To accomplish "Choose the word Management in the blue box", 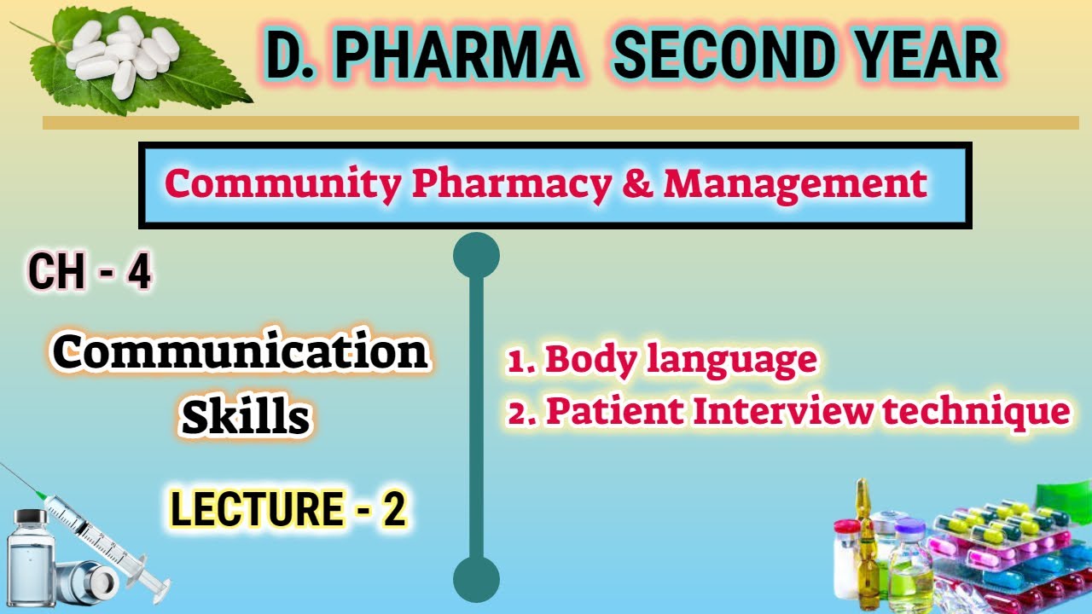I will click(794, 183).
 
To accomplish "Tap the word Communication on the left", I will click(241, 352).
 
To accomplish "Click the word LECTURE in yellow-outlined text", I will click(256, 510).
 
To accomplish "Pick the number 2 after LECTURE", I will click(392, 510).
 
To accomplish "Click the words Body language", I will click(680, 360).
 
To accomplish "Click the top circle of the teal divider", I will click(476, 256).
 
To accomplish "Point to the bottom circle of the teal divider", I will click(476, 580).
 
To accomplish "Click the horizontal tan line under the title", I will click(561, 124).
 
